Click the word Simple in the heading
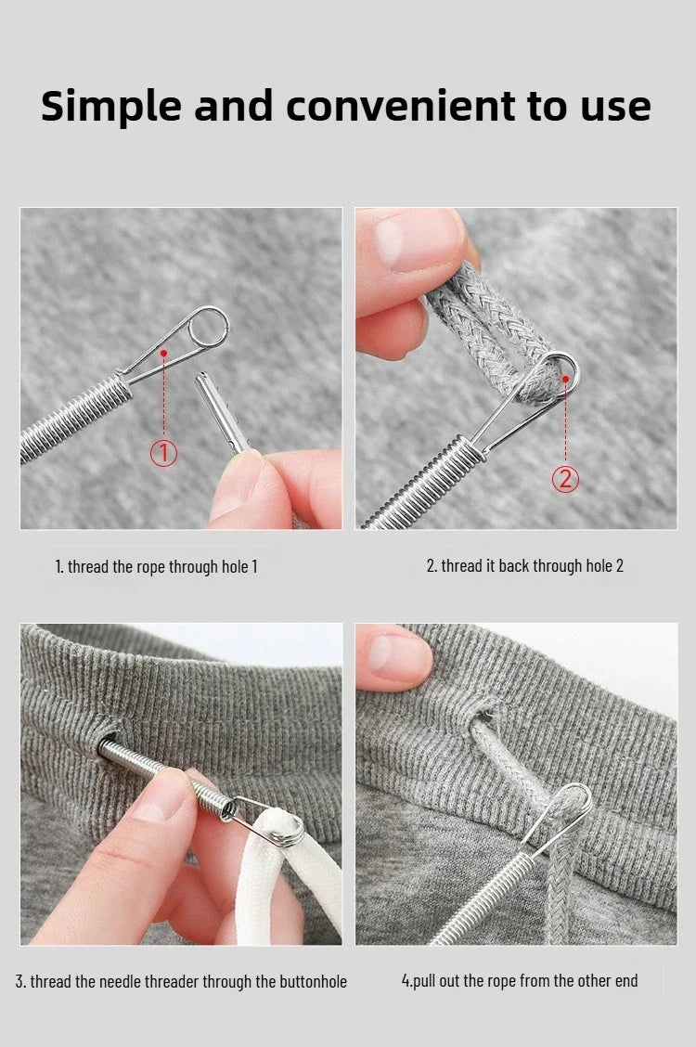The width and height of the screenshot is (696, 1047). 110,106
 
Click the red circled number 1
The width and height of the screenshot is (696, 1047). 163,453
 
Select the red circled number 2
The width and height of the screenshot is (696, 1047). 565,479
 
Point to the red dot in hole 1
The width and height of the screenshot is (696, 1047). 163,352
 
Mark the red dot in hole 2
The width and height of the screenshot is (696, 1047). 566,380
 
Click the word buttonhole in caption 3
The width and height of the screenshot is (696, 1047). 313,982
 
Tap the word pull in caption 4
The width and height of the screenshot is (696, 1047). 425,982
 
